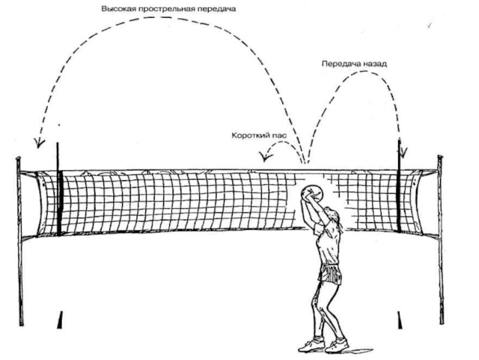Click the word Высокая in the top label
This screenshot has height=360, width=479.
click(118, 9)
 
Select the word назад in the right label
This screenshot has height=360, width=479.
click(375, 64)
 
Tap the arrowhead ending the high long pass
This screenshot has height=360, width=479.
click(39, 143)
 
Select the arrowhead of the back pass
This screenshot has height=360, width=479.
click(403, 152)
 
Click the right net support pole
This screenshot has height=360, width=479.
click(441, 239)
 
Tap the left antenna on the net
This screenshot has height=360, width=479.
click(58, 189)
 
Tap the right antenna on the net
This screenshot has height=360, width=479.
click(399, 185)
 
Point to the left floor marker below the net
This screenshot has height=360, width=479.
click(60, 320)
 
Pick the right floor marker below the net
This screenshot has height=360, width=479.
click(399, 320)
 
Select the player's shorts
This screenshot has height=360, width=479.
click(329, 274)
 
